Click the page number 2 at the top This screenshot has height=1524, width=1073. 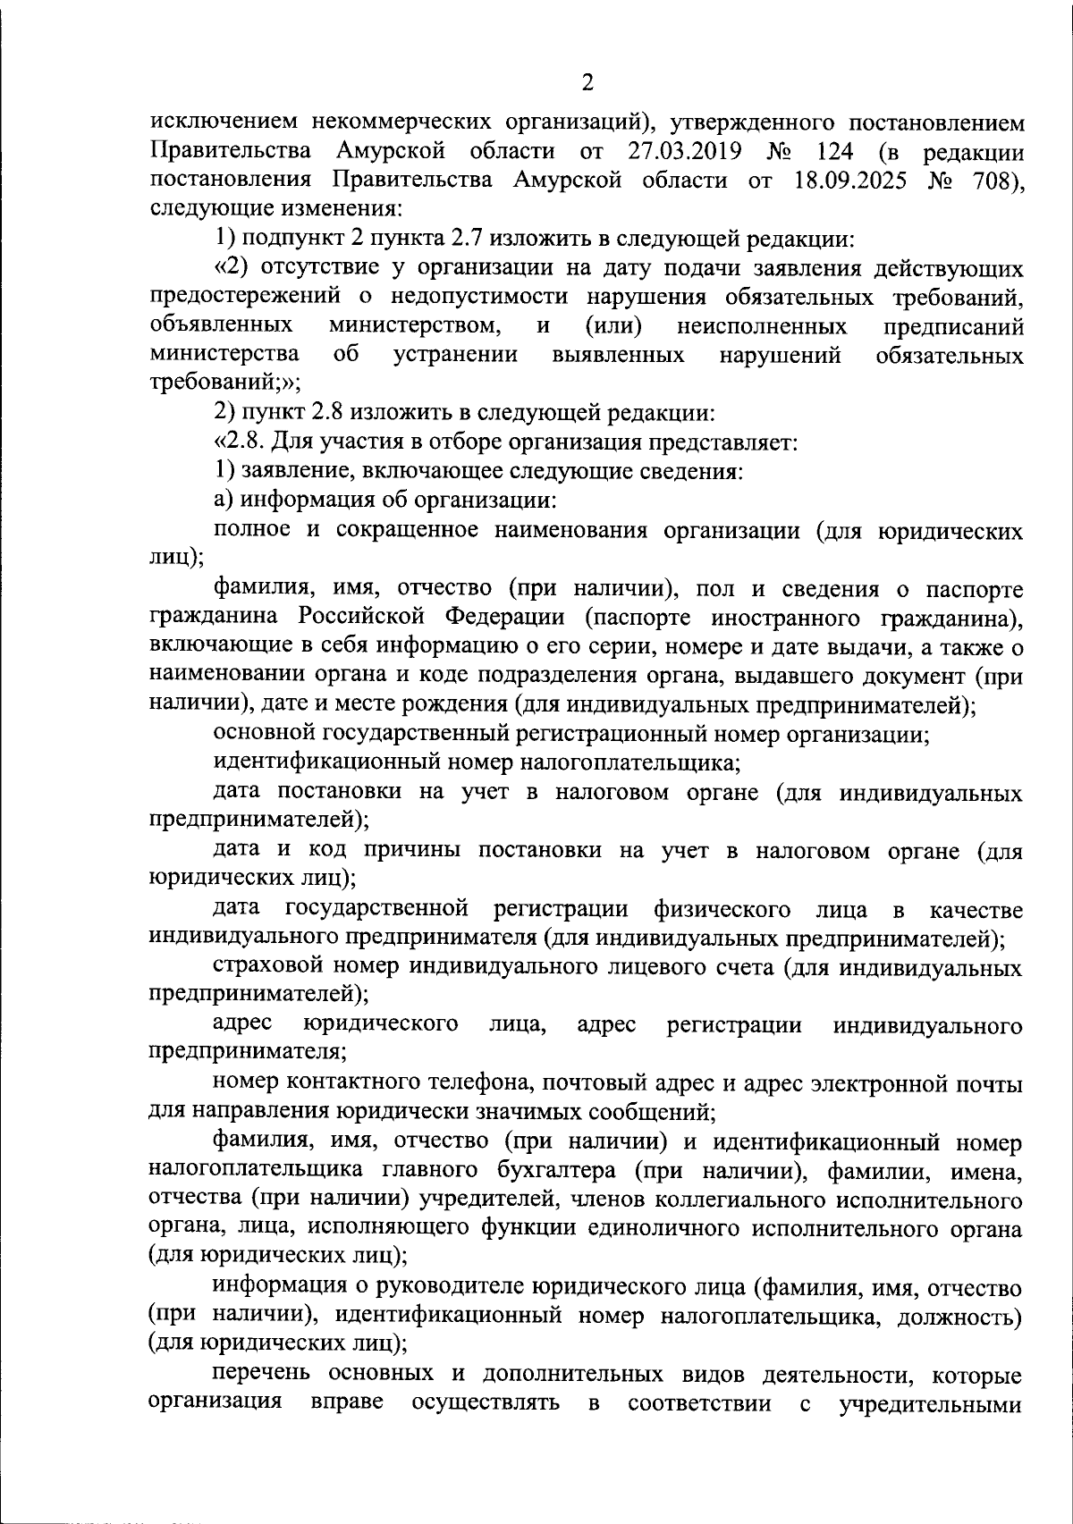[587, 83]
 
